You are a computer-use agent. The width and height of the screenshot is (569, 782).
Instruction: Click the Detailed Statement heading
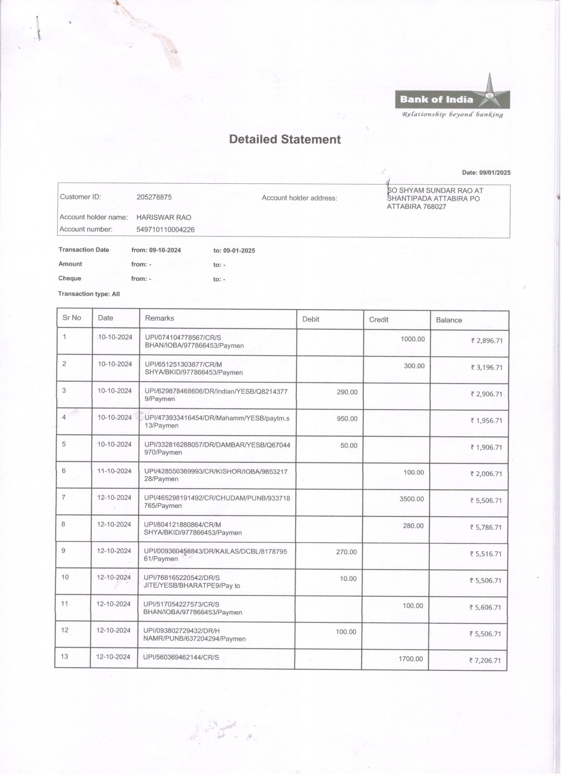pos(285,139)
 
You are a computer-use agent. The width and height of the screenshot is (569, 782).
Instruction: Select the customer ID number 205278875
pos(154,197)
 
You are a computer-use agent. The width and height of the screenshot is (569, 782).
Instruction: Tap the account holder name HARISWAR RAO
pos(164,217)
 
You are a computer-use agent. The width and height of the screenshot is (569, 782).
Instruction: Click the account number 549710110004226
pos(165,230)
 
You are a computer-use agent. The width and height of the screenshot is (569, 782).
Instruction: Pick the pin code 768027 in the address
pos(436,207)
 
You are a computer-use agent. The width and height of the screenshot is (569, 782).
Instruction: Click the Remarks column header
pos(159,318)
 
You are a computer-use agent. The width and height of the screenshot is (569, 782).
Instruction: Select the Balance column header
pos(449,320)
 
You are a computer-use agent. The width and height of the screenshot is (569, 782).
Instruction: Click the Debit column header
pos(311,319)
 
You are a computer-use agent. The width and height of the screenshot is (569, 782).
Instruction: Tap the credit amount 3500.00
pos(412,499)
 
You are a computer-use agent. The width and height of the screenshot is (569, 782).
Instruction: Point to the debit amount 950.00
pos(347,418)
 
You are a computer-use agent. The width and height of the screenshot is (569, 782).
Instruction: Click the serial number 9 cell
pos(64,550)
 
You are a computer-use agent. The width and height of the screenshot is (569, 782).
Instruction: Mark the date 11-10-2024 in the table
pos(114,471)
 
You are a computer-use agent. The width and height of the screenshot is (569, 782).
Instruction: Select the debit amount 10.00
pos(348,579)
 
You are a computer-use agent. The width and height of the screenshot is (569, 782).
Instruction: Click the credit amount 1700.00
pos(411,659)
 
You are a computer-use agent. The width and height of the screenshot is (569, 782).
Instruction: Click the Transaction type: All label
pos(89,294)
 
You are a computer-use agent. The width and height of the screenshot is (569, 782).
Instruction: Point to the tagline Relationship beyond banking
pos(452,114)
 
